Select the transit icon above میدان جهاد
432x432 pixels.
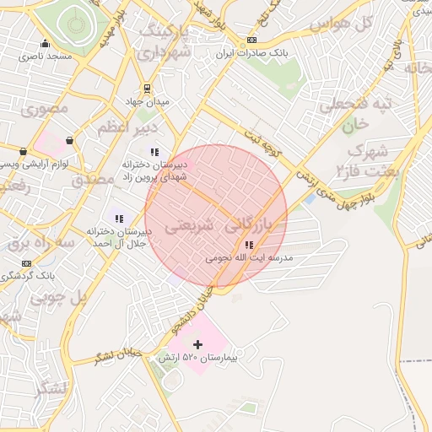click(148, 88)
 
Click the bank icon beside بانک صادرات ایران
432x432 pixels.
click(251, 41)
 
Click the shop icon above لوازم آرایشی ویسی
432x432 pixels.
click(68, 140)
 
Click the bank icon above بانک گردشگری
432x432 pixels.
click(26, 262)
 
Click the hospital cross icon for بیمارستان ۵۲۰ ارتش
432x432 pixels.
click(198, 344)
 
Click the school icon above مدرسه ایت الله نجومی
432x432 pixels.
click(246, 246)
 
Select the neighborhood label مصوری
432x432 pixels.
click(49, 109)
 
